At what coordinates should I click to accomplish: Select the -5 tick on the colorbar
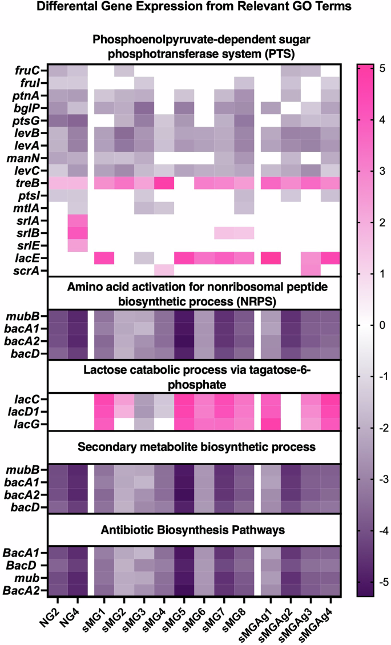click(x=379, y=582)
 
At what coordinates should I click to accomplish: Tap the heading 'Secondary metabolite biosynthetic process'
click(x=194, y=445)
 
